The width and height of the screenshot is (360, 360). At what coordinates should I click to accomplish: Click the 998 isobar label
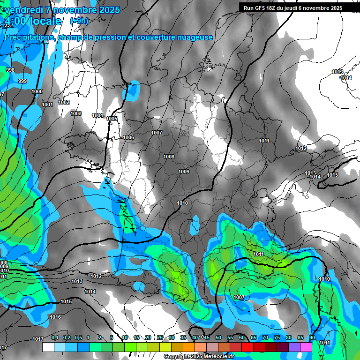(10, 70)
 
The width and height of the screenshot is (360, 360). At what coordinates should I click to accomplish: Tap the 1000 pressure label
(37, 91)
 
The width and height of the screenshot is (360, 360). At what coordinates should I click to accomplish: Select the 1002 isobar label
(64, 102)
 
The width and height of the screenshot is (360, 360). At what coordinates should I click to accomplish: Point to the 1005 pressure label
(112, 119)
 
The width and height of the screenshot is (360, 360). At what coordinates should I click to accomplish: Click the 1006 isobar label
(128, 137)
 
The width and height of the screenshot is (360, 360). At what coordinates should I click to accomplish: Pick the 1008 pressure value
(169, 157)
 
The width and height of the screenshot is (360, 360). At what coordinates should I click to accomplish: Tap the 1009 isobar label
(184, 172)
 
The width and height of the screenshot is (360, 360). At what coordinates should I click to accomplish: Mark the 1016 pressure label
(55, 317)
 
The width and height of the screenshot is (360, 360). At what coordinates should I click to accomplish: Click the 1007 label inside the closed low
(239, 297)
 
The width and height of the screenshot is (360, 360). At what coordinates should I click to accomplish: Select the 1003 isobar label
(76, 113)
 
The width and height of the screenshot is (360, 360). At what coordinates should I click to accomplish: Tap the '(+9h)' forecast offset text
(79, 21)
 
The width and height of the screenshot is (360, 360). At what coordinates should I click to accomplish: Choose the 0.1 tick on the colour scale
(55, 337)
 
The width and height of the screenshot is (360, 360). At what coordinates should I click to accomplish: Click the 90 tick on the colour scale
(312, 337)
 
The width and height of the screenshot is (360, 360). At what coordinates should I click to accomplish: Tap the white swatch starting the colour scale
(48, 347)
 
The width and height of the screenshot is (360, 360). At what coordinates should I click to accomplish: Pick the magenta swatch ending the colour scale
(306, 347)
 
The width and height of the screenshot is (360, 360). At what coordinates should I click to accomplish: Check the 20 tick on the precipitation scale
(148, 337)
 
